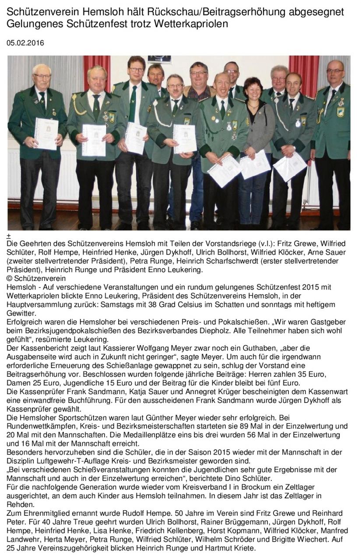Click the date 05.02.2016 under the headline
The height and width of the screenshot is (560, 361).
pos(25,43)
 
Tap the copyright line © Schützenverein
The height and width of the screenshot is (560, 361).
pos(36,278)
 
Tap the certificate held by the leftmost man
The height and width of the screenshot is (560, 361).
pos(46,133)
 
